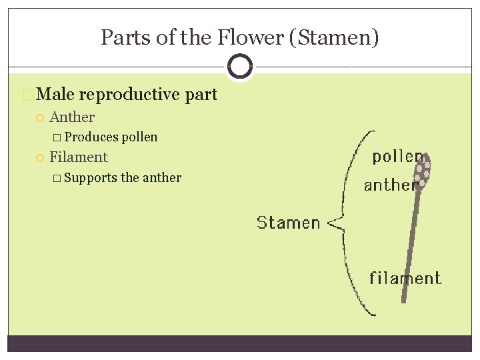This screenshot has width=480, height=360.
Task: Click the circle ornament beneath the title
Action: coord(240,67)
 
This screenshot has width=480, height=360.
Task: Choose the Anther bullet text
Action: coord(72,117)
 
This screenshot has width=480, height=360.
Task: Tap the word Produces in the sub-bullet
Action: coord(92,137)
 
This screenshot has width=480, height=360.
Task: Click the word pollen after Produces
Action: coord(140,137)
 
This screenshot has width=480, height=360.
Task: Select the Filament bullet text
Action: coord(79,157)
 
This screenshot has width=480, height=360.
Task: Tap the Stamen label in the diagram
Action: coord(289,223)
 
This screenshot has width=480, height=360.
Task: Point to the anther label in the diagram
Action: coord(390,185)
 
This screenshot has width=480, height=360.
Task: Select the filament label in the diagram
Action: coord(405,277)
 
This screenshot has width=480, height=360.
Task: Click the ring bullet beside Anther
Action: coord(39,118)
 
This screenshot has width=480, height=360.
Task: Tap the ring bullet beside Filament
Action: coord(39,158)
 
